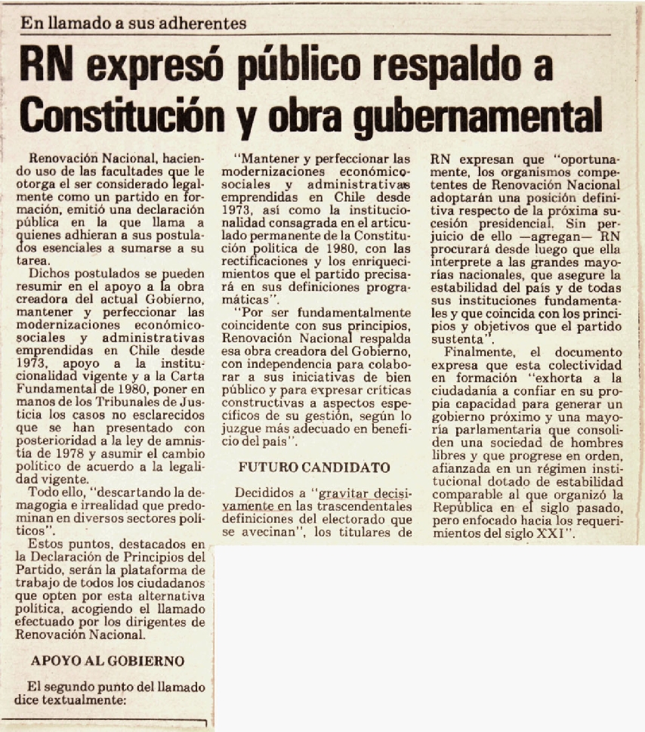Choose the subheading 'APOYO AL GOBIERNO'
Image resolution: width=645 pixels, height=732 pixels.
coord(107,661)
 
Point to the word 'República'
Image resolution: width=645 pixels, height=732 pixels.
coord(466,509)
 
